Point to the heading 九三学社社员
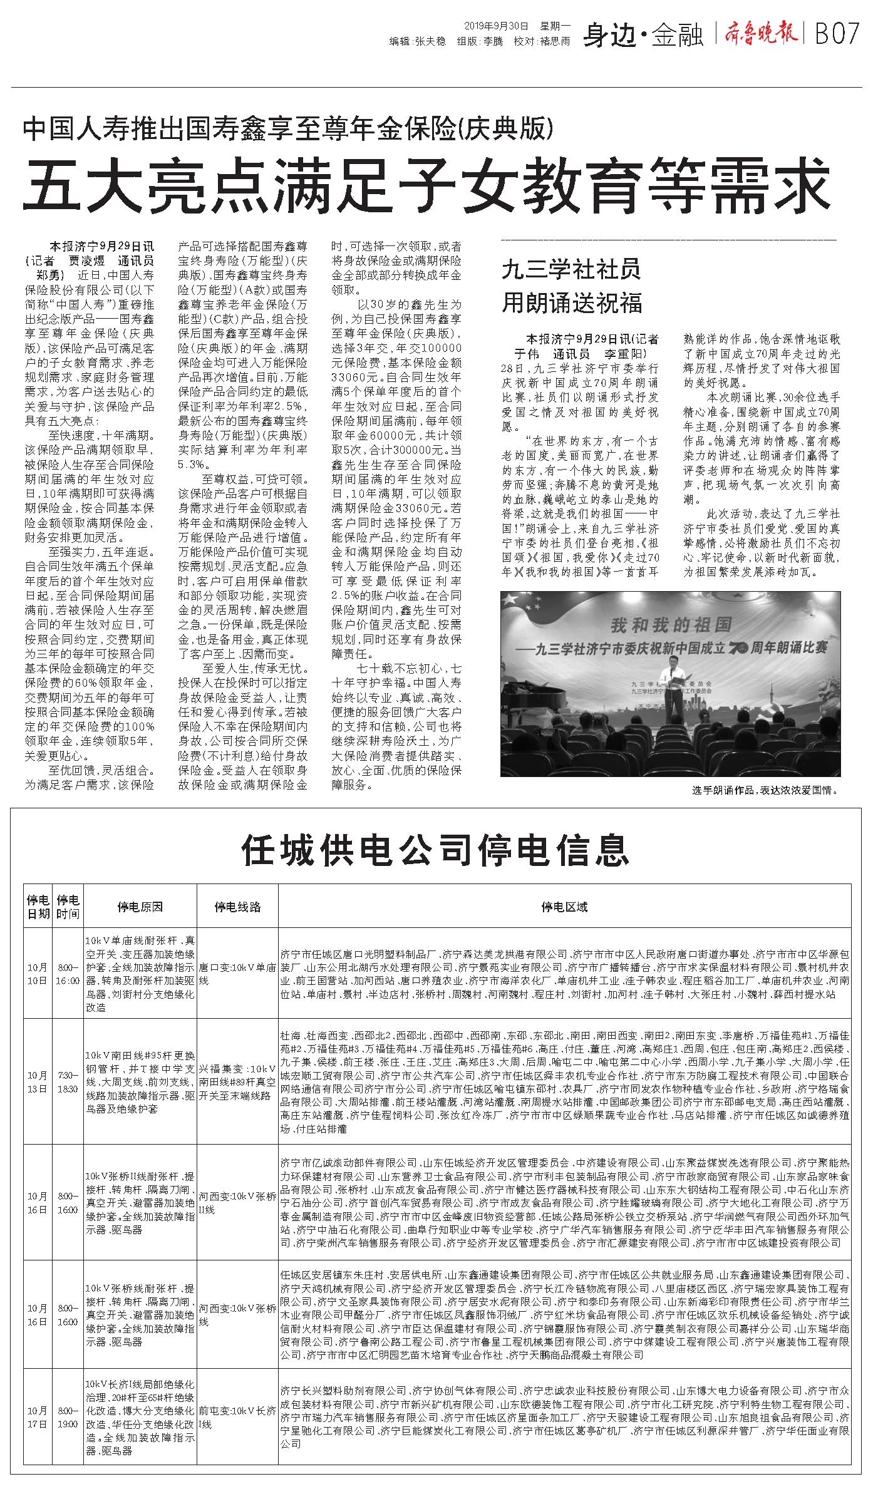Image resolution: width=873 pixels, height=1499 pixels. click(571, 271)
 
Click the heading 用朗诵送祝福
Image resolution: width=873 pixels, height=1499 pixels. click(571, 304)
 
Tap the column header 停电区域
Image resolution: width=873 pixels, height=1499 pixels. click(564, 907)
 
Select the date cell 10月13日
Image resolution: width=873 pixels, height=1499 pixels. click(37, 1081)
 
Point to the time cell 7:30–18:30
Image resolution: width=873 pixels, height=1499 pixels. click(68, 1081)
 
